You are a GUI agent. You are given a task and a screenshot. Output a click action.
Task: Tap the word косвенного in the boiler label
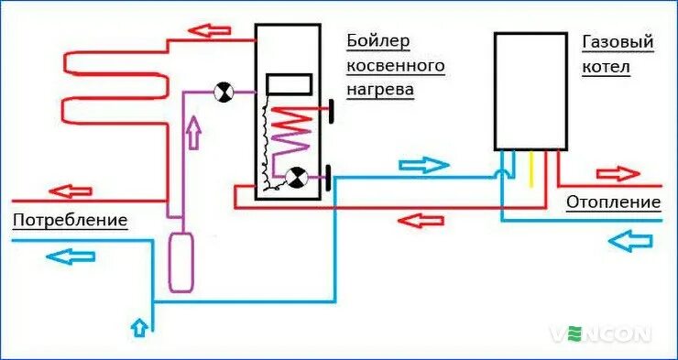coord(395,66)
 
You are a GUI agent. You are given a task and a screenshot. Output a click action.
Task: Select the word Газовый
coord(617,42)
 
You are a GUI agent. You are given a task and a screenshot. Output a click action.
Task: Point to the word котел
coord(606,68)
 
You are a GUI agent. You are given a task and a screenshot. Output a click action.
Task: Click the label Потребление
coord(70,221)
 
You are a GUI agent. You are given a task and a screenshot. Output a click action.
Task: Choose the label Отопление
coord(613,202)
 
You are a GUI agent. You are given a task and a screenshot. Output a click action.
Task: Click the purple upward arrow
coord(192,135)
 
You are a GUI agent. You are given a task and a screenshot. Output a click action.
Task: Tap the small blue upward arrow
coord(138,325)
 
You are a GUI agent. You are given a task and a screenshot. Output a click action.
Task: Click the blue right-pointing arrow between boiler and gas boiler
coord(424,165)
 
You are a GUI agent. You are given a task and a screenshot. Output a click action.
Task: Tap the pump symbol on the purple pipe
coord(223,91)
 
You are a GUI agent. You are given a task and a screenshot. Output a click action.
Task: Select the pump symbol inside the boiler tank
coord(297,178)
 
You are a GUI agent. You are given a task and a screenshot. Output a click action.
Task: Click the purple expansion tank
coord(181,262)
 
